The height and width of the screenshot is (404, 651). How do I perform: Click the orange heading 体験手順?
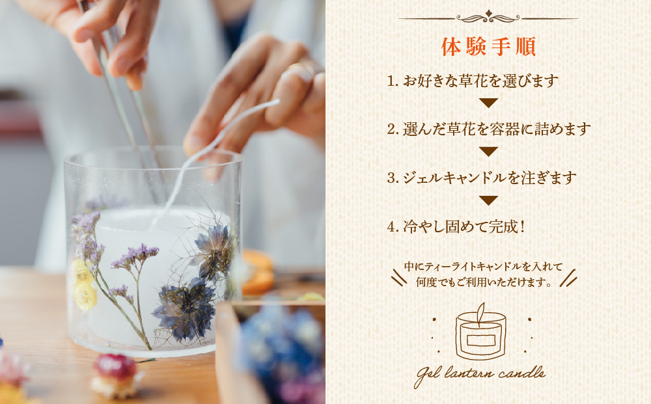pyautogui.click(x=488, y=47)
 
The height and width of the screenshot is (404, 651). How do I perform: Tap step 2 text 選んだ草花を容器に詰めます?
pyautogui.click(x=488, y=129)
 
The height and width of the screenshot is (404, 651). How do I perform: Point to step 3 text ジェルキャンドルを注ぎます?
pyautogui.click(x=482, y=177)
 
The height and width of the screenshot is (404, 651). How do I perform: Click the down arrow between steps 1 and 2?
pyautogui.click(x=488, y=103)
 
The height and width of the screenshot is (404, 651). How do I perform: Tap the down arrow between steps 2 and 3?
pyautogui.click(x=488, y=152)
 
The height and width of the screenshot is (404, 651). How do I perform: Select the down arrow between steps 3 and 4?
pyautogui.click(x=488, y=200)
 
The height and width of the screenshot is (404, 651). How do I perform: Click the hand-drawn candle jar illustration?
pyautogui.click(x=481, y=332)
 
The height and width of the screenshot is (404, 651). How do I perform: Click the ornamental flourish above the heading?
pyautogui.click(x=488, y=17)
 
